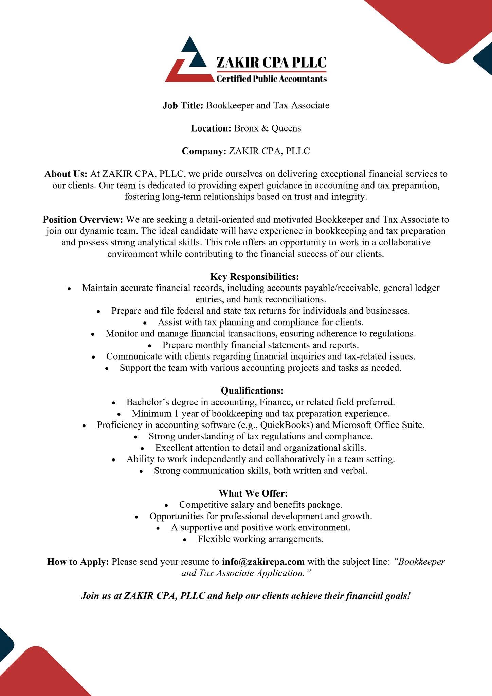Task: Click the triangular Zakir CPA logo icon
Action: coord(186,61)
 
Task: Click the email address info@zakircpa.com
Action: coord(263,562)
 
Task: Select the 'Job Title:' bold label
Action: coord(183,105)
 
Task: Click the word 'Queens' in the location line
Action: coord(286,128)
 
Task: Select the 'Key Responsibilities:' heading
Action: coord(254,276)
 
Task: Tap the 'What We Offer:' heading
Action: coord(253,493)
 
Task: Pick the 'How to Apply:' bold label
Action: coord(78,562)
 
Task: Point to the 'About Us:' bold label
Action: coord(66,174)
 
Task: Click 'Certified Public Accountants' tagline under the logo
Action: coord(272,79)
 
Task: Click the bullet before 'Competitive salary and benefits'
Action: coord(166,505)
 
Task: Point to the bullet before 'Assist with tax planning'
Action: coord(145,323)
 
